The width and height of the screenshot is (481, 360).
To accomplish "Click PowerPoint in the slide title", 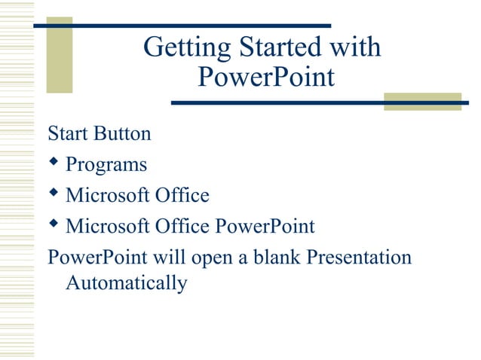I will (x=265, y=77).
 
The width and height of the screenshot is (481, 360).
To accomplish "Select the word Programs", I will (x=106, y=165).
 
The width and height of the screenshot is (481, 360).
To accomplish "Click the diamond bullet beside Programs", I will (x=54, y=163).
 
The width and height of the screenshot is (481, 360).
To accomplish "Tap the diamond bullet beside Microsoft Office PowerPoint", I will (x=54, y=224).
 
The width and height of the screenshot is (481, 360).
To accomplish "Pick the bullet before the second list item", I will (x=54, y=194).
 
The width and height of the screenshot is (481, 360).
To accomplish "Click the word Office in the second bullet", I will (x=180, y=195).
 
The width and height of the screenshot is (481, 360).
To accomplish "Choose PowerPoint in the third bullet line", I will (x=264, y=226).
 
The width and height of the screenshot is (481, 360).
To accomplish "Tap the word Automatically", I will (x=126, y=284).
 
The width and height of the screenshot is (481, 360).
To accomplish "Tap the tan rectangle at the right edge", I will (x=421, y=101).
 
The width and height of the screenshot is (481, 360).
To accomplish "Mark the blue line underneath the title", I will (x=317, y=102).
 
